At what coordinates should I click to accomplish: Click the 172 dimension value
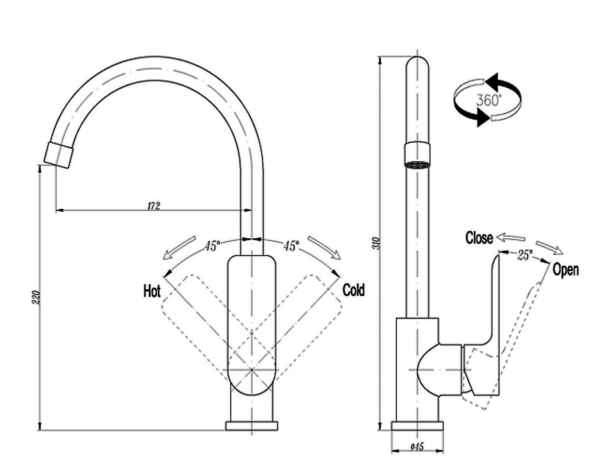pos(153,205)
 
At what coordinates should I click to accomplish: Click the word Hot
pos(152,291)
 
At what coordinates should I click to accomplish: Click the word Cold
pos(353,291)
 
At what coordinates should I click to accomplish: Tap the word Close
pos(479,238)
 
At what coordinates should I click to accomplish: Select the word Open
pos(566,269)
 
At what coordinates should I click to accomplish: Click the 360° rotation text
pos(488,100)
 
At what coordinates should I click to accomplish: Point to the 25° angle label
pos(525,255)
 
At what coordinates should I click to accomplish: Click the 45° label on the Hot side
pos(212,245)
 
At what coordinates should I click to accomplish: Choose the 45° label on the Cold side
pos(291,245)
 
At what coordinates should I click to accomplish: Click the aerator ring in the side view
pos(417,155)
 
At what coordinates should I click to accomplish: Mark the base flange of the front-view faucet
pos(252,426)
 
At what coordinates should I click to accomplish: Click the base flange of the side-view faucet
pos(417,426)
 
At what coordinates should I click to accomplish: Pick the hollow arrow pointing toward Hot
pos(179,248)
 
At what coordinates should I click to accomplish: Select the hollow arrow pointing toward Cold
pos(324,248)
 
